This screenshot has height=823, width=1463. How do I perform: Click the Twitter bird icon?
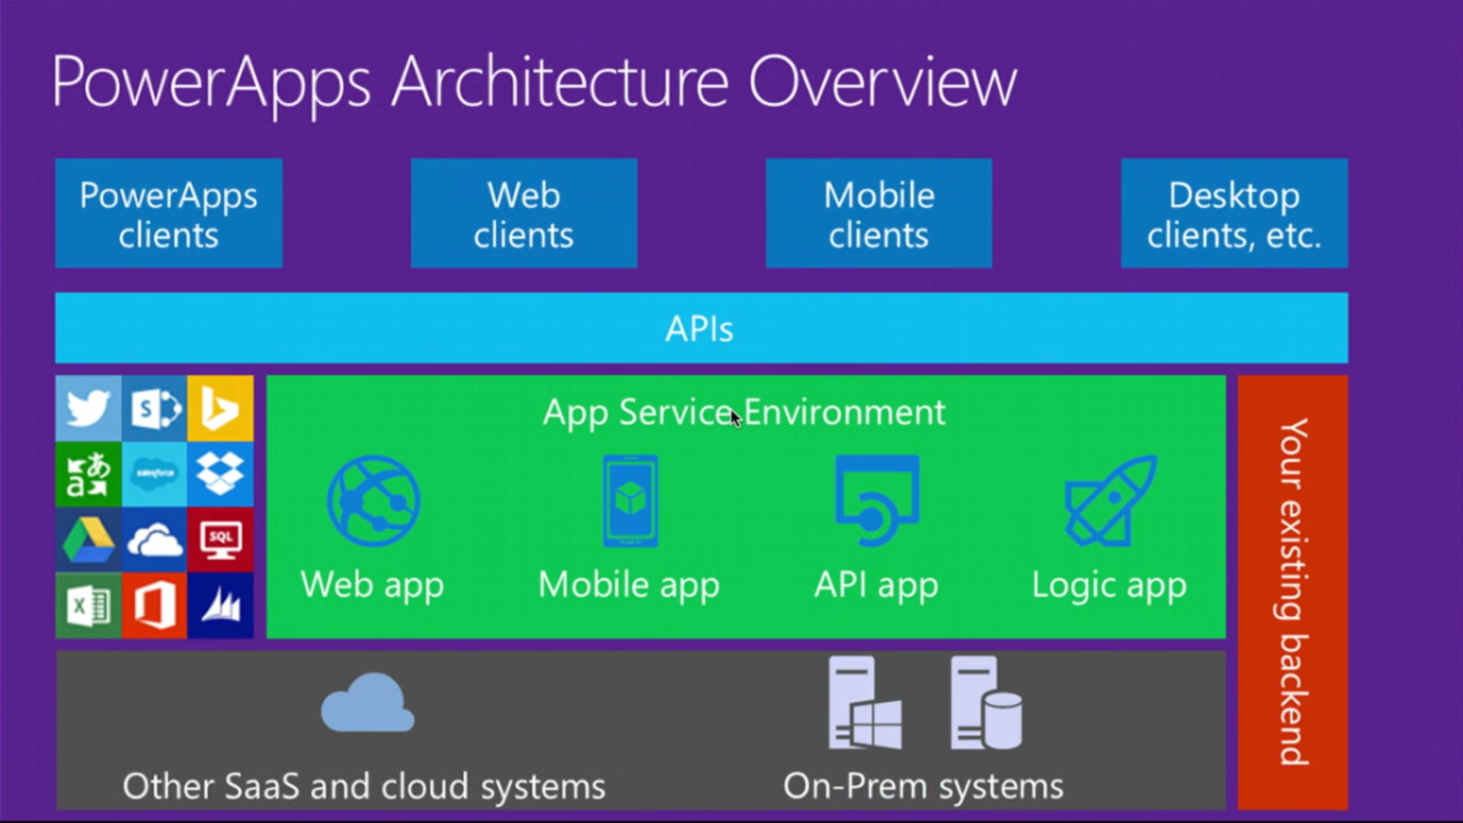88,408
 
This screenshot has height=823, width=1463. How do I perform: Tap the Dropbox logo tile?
220,473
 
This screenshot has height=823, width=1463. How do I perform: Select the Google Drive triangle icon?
88,540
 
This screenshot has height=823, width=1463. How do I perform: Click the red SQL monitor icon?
220,540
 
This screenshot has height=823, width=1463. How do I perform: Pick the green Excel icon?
88,607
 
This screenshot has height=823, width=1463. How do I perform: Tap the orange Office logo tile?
154,607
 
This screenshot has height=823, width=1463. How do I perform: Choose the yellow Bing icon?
220,408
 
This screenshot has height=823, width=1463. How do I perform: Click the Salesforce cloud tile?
154,473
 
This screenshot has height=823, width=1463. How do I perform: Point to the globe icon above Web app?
373,501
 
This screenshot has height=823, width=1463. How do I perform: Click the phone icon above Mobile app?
629,501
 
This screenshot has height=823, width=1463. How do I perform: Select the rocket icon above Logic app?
1110,501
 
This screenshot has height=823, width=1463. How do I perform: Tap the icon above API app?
876,501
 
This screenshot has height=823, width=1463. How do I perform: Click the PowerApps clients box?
168,213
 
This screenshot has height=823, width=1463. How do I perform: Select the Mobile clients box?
879,213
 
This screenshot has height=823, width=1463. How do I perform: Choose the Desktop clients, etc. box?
1234,213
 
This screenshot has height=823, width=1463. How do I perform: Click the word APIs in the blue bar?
699,329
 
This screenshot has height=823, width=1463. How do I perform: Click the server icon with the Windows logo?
864,703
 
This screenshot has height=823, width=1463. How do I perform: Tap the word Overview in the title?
882,82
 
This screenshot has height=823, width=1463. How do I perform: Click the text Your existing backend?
1293,591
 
